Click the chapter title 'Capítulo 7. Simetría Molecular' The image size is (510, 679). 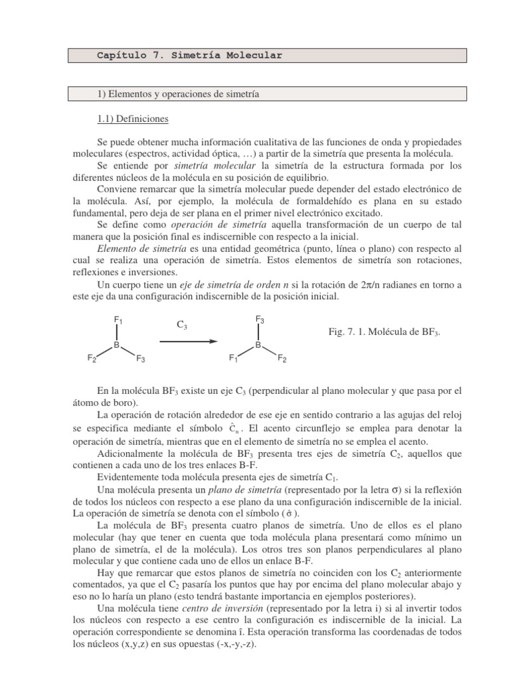click(189, 56)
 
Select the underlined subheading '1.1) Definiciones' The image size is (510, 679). click(133, 119)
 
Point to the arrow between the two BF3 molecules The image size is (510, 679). click(189, 341)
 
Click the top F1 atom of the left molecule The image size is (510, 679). click(118, 321)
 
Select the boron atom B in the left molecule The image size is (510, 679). click(116, 345)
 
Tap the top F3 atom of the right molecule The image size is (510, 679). click(260, 320)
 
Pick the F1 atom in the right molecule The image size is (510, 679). click(233, 359)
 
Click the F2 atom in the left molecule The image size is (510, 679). click(92, 359)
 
